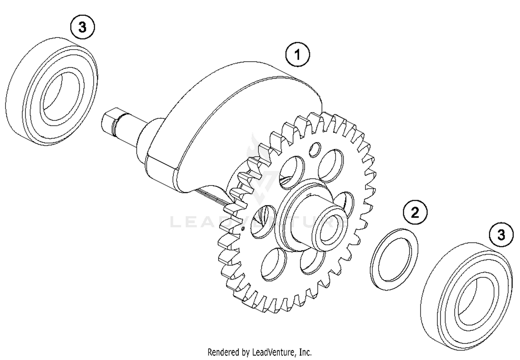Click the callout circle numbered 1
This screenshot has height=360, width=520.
pos(297,54)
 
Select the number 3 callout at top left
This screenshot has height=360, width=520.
pos(82,27)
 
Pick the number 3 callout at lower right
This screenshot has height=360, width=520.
pos(501,235)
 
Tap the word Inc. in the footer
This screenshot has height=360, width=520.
pos(305,352)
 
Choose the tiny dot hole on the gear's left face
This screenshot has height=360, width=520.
pos(243,228)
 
